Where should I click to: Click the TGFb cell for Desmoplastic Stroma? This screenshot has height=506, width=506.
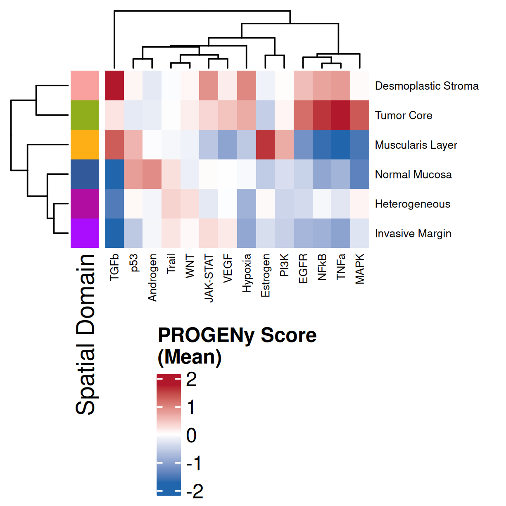tap(114, 86)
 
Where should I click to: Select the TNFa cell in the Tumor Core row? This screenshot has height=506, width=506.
tap(341, 115)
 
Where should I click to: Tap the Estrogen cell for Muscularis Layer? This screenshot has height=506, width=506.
tap(265, 145)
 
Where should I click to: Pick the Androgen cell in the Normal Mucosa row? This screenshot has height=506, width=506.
tap(152, 174)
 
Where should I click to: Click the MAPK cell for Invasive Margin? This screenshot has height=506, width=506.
tap(360, 233)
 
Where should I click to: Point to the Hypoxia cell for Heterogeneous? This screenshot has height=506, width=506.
tap(247, 204)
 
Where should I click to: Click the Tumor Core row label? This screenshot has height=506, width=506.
tap(404, 116)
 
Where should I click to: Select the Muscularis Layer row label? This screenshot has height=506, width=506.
tap(416, 145)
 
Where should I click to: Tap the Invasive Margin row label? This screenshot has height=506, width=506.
tap(413, 234)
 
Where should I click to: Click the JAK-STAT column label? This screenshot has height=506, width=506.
tap(209, 278)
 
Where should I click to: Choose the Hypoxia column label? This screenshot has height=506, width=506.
tap(247, 273)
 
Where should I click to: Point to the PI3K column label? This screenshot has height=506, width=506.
tap(284, 265)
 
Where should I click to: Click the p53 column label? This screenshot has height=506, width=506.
tap(133, 263)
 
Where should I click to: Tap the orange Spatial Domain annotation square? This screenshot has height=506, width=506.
tap(85, 145)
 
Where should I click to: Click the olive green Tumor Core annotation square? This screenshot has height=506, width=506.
tap(85, 115)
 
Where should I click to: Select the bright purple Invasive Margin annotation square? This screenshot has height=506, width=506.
tap(85, 233)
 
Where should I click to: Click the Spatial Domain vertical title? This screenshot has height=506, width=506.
tap(86, 335)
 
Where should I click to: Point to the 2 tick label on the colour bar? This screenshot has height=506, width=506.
tap(191, 379)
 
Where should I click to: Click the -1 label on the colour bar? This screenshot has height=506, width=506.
tap(193, 463)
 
